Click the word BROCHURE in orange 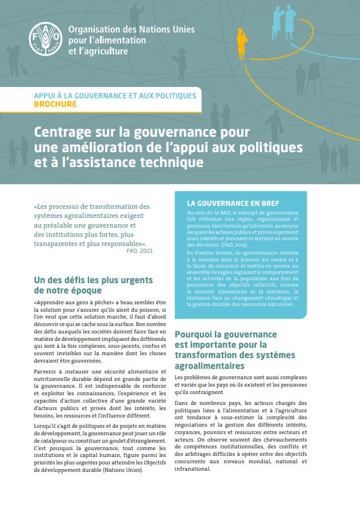click(x=55, y=105)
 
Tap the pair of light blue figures click(x=285, y=20)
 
